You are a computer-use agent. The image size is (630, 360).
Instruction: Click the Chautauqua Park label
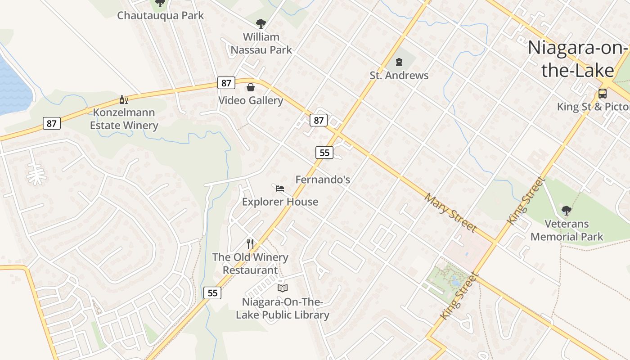coord(160,15)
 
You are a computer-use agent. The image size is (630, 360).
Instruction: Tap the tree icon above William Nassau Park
coord(261,24)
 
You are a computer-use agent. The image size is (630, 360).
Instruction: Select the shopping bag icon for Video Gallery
coord(251,87)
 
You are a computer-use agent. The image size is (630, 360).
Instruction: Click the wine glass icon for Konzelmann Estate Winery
coord(123,99)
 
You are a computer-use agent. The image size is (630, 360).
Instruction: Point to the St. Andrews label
coord(399,75)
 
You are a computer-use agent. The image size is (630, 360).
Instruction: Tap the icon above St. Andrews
coord(399,62)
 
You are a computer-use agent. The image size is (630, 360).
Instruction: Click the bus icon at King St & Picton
coord(602,94)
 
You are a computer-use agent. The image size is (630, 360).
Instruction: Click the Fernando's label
coord(323,180)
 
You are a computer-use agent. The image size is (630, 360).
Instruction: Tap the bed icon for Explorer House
coord(280,188)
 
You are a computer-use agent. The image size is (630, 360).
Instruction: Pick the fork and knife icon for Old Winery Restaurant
coord(250,244)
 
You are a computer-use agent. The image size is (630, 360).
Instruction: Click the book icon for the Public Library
coord(282,288)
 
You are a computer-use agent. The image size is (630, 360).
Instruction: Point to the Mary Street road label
coord(450,212)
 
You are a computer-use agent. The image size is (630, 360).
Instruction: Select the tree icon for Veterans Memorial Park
coord(567,210)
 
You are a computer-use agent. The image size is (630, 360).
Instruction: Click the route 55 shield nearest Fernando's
coord(324,153)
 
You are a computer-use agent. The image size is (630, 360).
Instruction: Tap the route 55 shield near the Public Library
coord(212,293)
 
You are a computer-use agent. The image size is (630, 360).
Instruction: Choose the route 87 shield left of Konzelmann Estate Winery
coord(52,123)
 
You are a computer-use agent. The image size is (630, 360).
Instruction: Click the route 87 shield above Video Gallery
coord(226,83)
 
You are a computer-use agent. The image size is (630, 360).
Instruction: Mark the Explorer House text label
coord(280,202)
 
